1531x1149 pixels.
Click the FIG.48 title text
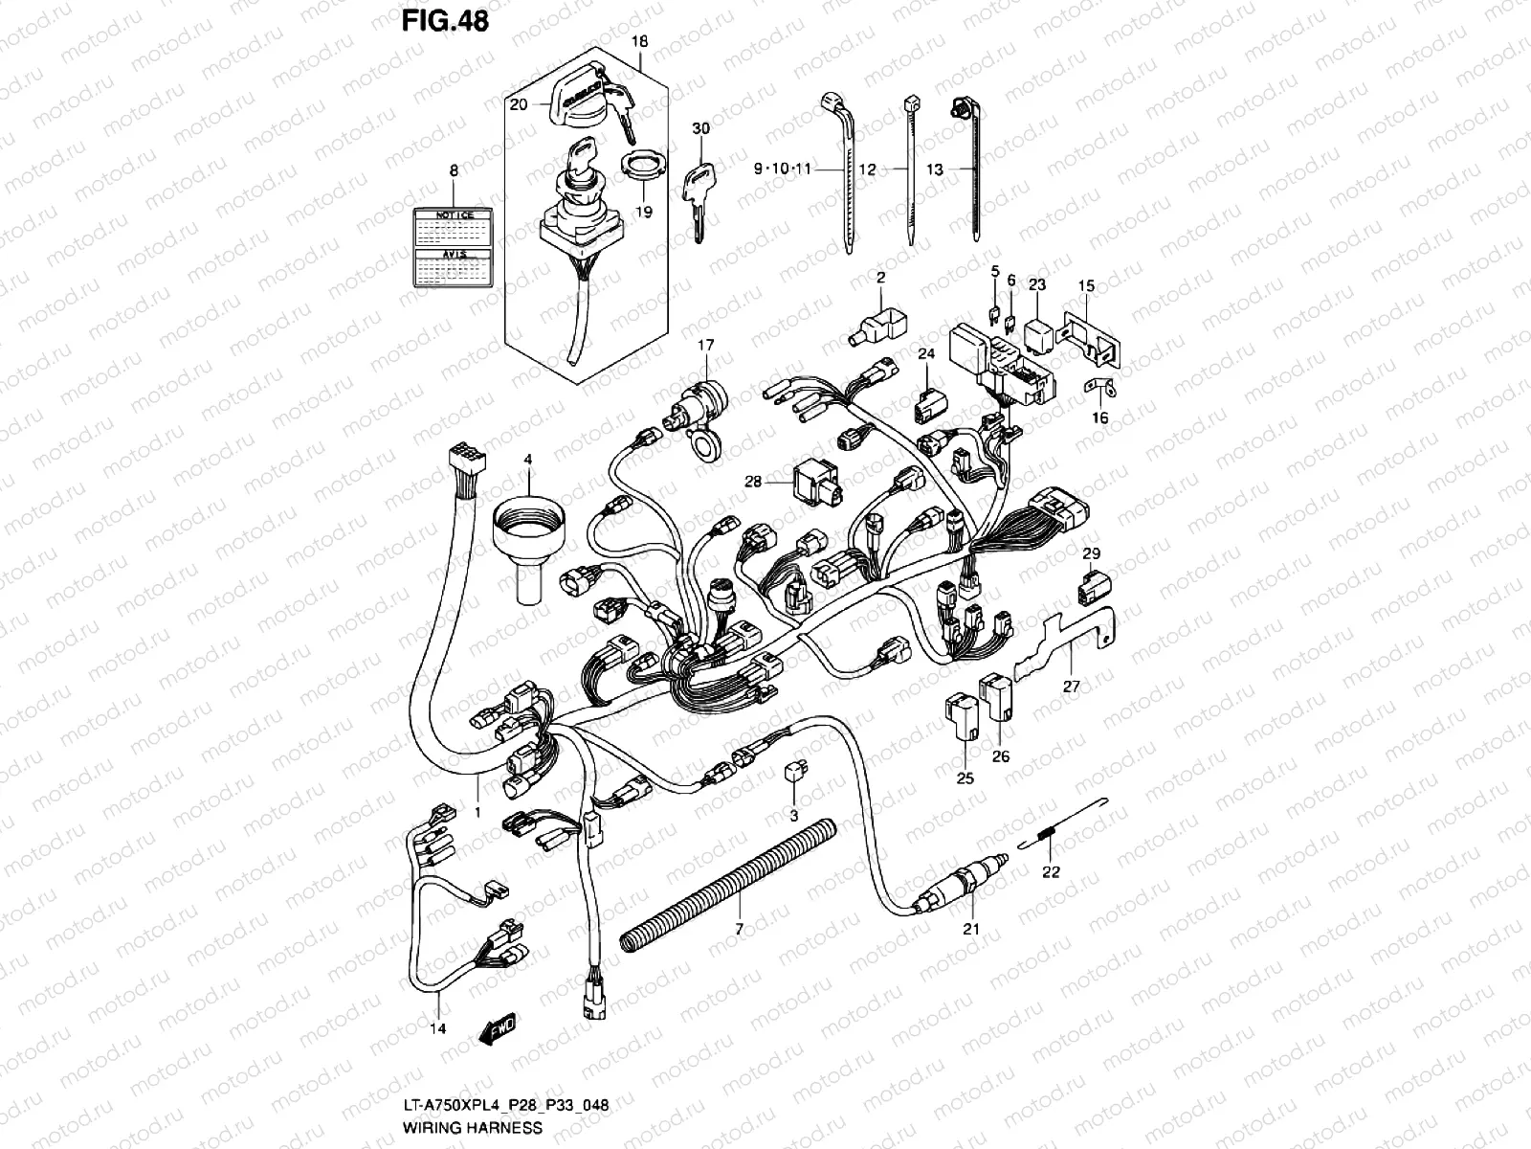444,20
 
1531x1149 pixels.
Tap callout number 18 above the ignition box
640,42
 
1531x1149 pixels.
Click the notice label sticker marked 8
455,246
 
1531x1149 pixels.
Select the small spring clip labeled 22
1051,835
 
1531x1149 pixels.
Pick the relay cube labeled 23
1039,329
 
